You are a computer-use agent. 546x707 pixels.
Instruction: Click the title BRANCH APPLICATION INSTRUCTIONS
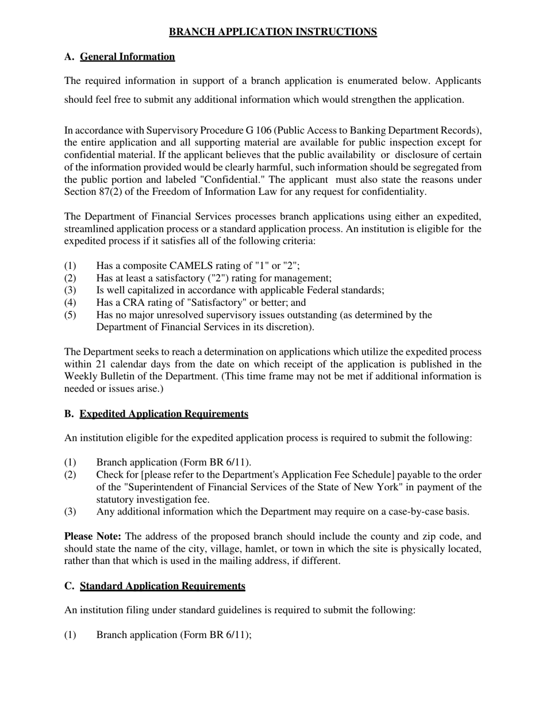(273, 32)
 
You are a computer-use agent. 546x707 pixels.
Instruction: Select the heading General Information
(127, 56)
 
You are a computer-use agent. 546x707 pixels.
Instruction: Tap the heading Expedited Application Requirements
(164, 414)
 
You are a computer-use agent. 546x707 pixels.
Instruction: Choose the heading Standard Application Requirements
(162, 586)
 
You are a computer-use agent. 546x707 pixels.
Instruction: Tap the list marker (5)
(70, 315)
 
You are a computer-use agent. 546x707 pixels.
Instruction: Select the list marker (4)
(70, 302)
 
